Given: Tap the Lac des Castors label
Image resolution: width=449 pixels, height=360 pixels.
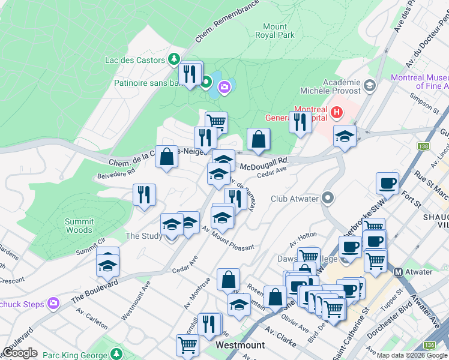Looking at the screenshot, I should coord(134,60).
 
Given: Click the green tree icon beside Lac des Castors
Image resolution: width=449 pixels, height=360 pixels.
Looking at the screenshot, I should coord(173,59).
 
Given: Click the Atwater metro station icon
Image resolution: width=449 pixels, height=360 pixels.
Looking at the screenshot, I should coord(397,272).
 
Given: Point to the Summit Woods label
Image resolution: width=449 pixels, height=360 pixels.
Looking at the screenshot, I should coord(79,226).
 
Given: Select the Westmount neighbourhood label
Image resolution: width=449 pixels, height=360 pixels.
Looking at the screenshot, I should coord(240,346).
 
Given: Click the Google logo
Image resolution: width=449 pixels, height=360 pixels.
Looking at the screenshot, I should coord(20,353).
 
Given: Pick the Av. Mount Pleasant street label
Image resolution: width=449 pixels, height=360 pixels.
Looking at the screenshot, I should coord(228,238).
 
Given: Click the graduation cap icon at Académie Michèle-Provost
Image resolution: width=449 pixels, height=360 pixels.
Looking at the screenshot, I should coord(370,87).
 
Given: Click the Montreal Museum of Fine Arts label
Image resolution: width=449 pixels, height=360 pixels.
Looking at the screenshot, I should coord(420,82).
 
